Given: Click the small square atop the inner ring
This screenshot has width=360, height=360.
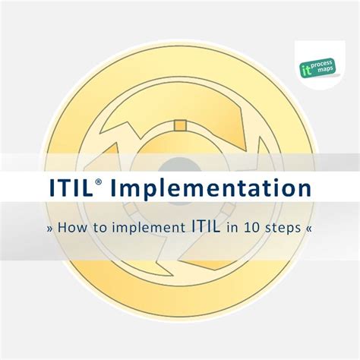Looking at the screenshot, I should [180, 126].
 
